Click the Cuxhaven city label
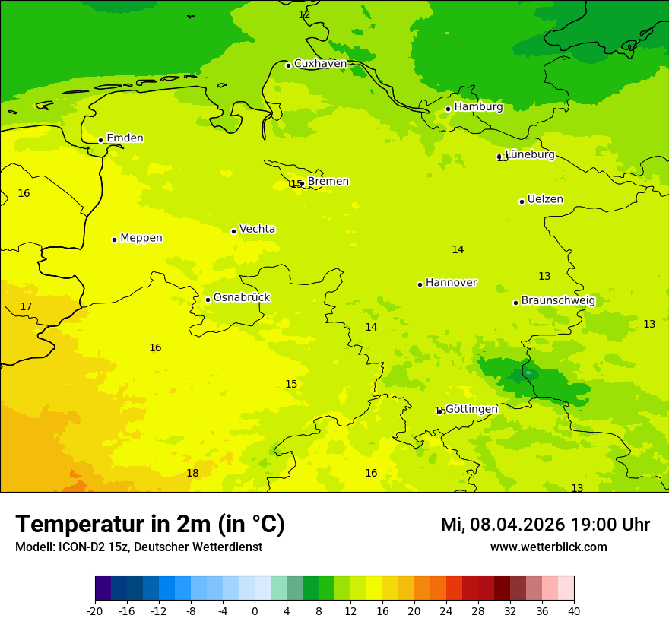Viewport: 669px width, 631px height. (320, 64)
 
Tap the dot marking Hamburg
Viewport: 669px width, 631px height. (448, 109)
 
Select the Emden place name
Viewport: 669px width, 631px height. (125, 138)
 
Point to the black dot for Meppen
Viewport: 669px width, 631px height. (114, 239)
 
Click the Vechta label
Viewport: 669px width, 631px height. (257, 229)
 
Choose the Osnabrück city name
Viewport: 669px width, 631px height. (242, 297)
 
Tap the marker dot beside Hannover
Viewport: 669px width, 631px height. (420, 284)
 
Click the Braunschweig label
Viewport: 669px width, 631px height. (558, 301)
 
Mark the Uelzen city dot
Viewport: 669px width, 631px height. (522, 201)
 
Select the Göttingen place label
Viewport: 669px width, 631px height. (471, 409)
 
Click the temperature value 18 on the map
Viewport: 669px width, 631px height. (192, 473)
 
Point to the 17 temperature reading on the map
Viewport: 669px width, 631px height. (26, 306)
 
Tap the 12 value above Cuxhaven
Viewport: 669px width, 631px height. (304, 14)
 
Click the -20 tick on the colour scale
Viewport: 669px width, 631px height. (95, 610)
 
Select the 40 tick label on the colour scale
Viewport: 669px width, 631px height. (574, 610)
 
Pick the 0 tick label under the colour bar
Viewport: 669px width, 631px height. (255, 610)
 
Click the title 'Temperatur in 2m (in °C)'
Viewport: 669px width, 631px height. (150, 524)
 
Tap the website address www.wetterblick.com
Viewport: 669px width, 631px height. (548, 547)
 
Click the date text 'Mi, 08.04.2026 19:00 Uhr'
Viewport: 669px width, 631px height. (545, 525)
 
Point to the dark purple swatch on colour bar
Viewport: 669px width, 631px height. (103, 588)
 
